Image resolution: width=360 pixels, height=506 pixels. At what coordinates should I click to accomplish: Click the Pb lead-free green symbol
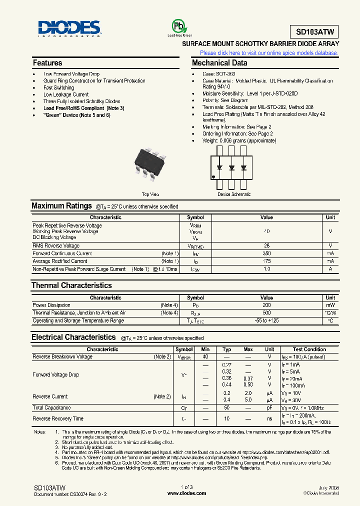179,26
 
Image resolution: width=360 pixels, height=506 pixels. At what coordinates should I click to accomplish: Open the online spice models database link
269,53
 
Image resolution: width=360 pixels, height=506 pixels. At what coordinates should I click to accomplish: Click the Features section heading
47,63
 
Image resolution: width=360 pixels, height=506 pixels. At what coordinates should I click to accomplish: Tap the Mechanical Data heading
219,63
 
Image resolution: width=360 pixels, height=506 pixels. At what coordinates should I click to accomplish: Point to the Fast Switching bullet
58,87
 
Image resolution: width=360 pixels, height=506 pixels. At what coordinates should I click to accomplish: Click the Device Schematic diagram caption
234,194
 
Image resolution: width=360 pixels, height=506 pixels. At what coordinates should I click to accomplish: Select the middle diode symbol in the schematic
232,167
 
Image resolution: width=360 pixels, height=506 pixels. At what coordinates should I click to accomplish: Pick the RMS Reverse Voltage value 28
266,246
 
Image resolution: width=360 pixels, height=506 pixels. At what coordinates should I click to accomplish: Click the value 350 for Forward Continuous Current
266,253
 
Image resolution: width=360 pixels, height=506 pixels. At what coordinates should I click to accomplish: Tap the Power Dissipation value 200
266,305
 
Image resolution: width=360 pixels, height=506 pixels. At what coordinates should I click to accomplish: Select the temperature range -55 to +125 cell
266,320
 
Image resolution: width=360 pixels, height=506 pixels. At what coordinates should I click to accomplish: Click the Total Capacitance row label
51,408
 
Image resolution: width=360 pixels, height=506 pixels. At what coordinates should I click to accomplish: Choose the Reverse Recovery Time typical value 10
226,419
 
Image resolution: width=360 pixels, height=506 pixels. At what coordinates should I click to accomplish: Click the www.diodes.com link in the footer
186,493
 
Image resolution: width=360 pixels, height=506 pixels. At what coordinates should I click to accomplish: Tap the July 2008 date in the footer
328,487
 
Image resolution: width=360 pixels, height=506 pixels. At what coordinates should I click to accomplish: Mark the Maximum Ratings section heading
61,206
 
